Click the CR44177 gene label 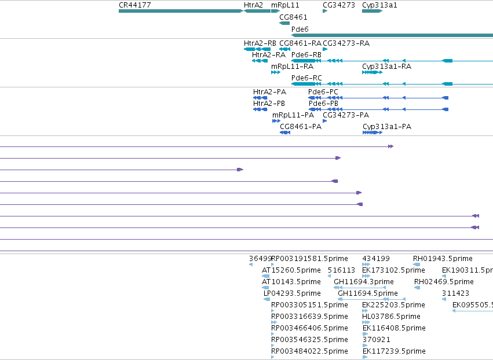[135, 5]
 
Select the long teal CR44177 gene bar [181, 11]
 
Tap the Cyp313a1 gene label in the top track [379, 5]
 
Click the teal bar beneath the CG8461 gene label [284, 23]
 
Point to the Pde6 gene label [300, 29]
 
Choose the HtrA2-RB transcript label [260, 43]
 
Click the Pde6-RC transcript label [306, 78]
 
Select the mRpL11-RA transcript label [293, 67]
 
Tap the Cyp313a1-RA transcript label [387, 67]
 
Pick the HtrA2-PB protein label [269, 104]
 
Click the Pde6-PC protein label [323, 92]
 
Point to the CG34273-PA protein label [346, 115]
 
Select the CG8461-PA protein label [301, 127]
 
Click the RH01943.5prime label [443, 259]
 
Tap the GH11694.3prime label [364, 282]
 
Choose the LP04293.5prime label [292, 293]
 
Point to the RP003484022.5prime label [310, 351]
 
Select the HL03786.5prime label [391, 317]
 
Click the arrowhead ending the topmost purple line [391, 146]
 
